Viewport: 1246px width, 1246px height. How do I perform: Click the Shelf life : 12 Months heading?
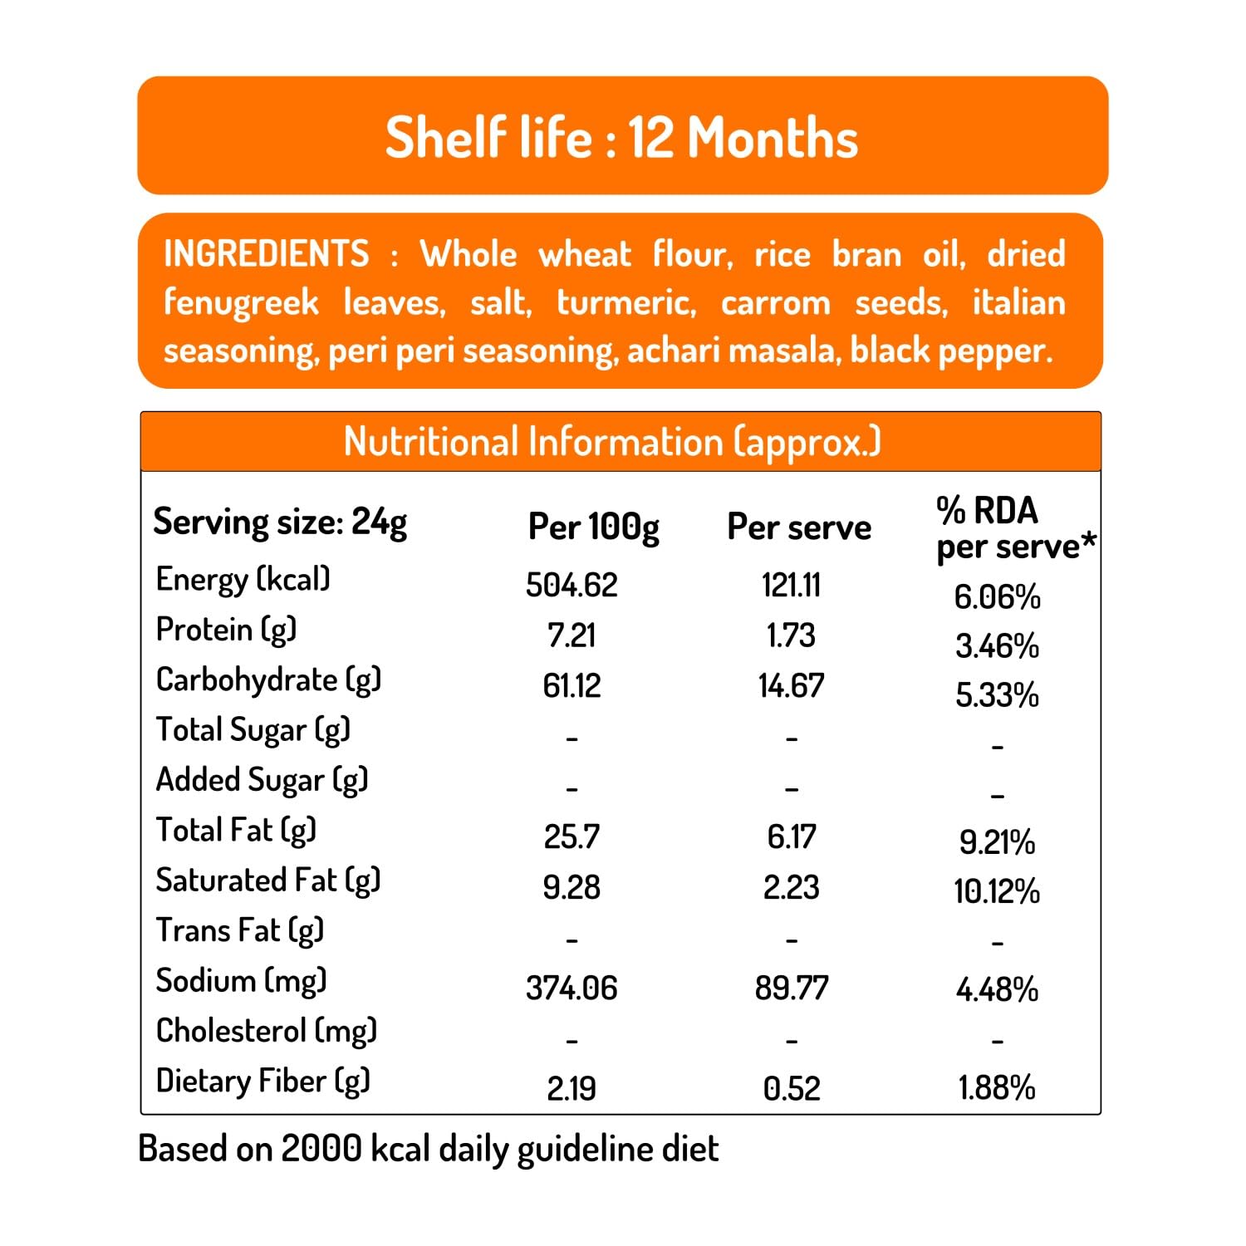621,137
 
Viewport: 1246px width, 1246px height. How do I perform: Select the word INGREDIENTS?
266,254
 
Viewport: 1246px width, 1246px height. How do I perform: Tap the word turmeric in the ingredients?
625,302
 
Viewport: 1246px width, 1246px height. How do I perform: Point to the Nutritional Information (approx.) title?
612,442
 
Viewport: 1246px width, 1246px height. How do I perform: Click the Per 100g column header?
593,527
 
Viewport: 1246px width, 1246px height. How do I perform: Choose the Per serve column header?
798,527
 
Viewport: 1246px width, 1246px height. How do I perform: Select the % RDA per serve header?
1014,528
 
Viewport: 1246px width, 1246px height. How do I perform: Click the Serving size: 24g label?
280,522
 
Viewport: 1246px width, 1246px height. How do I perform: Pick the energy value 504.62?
571,586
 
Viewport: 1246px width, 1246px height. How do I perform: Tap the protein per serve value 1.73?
791,635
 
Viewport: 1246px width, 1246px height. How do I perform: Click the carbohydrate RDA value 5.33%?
997,695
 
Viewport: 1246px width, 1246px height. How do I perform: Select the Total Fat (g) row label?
236,830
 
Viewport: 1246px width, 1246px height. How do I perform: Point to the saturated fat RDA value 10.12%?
997,892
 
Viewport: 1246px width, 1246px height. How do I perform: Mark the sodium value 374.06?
571,988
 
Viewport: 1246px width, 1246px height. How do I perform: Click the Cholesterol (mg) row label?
266,1031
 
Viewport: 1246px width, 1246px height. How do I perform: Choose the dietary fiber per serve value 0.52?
791,1088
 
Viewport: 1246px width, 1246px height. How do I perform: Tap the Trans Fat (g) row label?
239,930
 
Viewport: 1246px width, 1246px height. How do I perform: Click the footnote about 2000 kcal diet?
428,1149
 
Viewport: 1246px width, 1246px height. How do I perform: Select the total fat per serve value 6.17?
791,836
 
